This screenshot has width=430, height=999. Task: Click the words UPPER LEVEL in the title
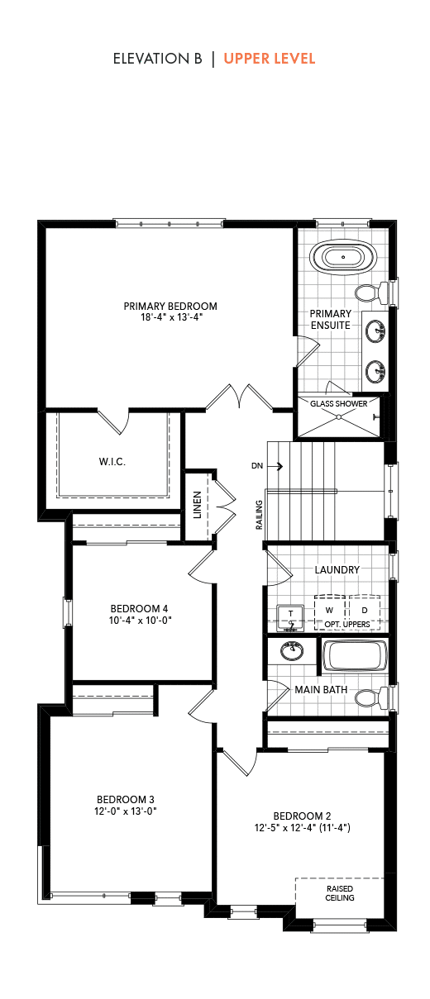270,59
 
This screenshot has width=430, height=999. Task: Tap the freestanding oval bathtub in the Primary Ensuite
343,257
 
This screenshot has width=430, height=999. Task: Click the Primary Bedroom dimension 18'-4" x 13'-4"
171,317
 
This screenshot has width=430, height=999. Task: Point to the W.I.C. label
112,462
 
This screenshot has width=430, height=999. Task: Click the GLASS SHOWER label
339,403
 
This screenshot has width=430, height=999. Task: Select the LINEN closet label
198,505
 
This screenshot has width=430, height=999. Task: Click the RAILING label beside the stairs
259,515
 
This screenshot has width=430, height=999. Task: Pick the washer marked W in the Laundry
330,610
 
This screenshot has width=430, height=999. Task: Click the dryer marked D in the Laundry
365,610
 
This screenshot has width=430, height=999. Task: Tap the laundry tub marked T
291,618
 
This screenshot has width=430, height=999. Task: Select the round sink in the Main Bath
293,651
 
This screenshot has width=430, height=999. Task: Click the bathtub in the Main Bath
355,655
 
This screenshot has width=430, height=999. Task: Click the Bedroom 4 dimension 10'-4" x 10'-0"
141,620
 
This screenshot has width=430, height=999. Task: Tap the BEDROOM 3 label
126,800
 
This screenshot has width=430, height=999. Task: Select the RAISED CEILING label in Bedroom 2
340,893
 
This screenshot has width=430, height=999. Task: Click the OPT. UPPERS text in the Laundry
347,624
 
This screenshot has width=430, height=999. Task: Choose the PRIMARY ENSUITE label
331,319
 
